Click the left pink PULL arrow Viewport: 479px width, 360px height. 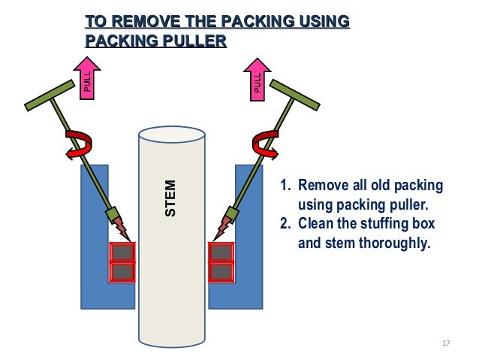[86, 79]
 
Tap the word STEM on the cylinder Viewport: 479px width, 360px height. [171, 198]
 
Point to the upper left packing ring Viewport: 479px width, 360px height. [122, 253]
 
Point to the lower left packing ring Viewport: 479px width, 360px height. [122, 271]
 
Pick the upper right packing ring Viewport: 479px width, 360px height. [220, 253]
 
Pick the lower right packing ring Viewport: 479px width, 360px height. [220, 271]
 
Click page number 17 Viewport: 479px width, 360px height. [446, 343]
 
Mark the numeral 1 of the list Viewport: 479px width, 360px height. [284, 186]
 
